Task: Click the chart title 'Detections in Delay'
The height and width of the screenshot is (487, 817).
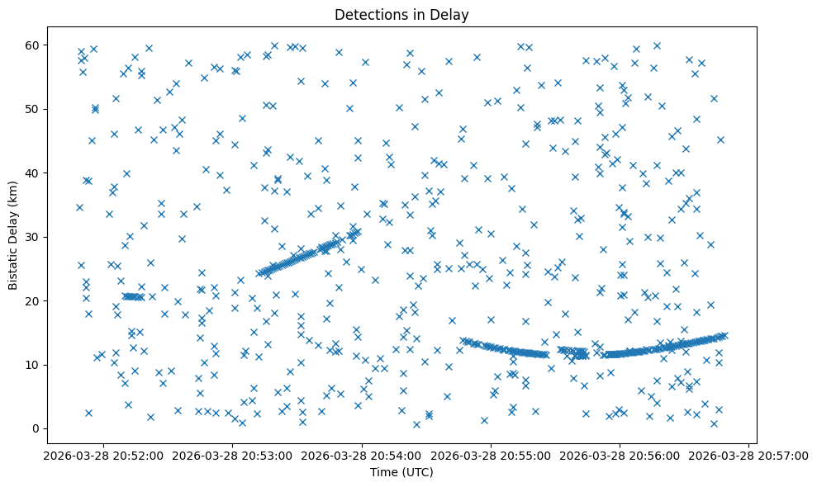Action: click(x=401, y=14)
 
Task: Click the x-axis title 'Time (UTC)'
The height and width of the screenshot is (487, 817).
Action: click(x=401, y=472)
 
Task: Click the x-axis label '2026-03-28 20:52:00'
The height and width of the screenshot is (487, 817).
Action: click(x=103, y=456)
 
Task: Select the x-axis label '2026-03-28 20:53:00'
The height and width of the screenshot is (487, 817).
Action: click(x=232, y=456)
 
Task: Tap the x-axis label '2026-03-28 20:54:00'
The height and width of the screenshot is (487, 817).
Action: click(x=362, y=456)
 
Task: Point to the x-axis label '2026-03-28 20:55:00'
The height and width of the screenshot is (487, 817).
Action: click(x=491, y=456)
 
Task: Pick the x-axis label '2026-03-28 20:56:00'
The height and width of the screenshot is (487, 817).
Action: click(x=620, y=456)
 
